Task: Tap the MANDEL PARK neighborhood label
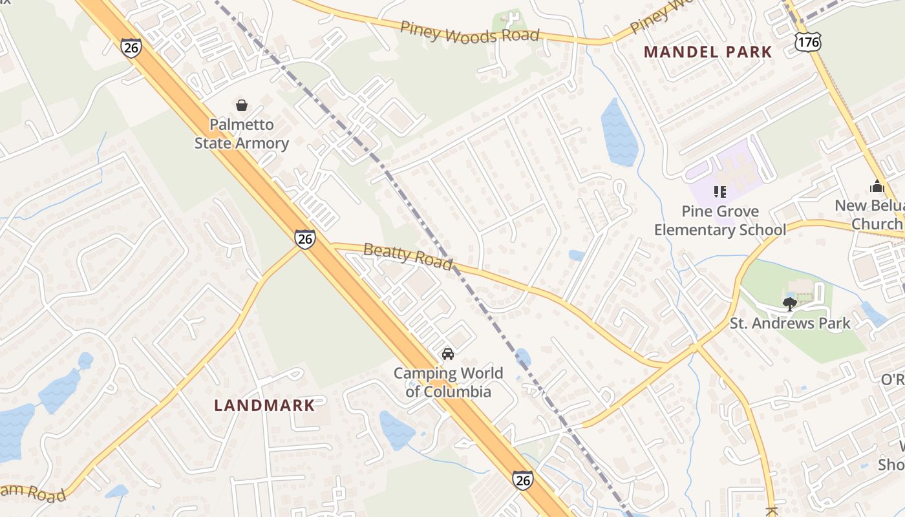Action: point(708,52)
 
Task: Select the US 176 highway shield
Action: point(808,43)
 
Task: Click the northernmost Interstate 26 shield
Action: point(131,48)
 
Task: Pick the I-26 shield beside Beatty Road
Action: point(305,238)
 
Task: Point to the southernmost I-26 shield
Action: point(523,480)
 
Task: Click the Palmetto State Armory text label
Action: point(242,134)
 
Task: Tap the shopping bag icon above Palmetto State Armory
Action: point(242,105)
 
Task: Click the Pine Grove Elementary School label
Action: point(720,220)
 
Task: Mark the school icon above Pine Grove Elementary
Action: point(719,191)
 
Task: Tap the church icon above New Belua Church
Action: point(877,186)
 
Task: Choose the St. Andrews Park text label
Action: point(790,323)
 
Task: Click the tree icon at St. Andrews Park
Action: point(789,304)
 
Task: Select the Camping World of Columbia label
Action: point(448,382)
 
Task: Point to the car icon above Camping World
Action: point(447,353)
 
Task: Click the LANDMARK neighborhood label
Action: point(264,405)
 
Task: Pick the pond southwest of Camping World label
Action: point(396,430)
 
